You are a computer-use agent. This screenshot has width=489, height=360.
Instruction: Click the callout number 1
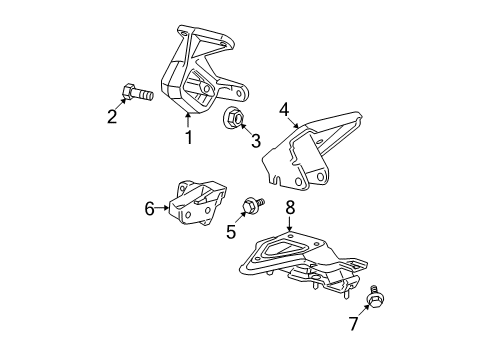187,137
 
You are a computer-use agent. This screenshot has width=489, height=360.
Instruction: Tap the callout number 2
113,117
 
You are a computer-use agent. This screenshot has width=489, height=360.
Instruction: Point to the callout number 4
284,109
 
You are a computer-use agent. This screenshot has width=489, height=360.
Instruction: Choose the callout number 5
232,233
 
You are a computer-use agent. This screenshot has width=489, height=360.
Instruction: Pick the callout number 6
149,208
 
